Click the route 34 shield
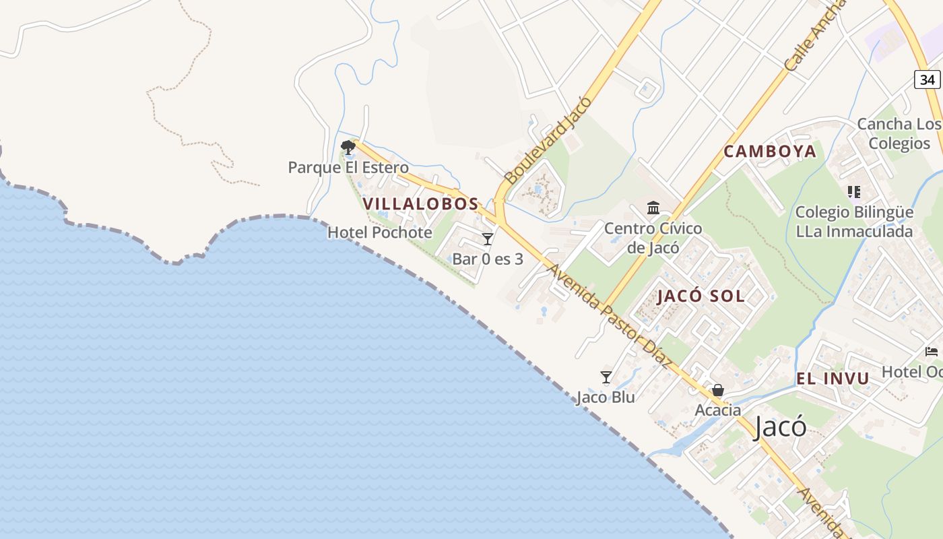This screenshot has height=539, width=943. coord(928,80)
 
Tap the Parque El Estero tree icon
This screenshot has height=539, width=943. coord(348,147)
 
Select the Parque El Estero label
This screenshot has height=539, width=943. coord(348,167)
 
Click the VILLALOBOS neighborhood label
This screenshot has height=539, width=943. coord(420,203)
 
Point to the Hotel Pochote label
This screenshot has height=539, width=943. coord(380,232)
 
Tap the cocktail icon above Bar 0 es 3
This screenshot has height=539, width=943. coord(488,239)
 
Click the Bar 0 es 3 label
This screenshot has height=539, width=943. coord(488,259)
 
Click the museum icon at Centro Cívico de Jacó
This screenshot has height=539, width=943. coord(653,208)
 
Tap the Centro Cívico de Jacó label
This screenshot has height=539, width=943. coord(653,238)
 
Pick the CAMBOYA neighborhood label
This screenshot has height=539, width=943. coord(770,152)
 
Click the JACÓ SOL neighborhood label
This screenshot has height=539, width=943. coord(701,296)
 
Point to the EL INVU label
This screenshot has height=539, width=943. coord(833,379)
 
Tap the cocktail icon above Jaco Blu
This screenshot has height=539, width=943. coord(606,377)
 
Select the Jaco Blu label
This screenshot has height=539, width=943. coord(606,398)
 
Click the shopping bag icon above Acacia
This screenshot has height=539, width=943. coord(718,390)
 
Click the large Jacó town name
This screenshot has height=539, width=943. coord(780,426)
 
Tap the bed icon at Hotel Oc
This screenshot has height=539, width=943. coord(932,352)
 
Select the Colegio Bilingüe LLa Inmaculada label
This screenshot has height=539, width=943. coord(854,222)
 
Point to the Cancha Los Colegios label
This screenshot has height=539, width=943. coord(899,133)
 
